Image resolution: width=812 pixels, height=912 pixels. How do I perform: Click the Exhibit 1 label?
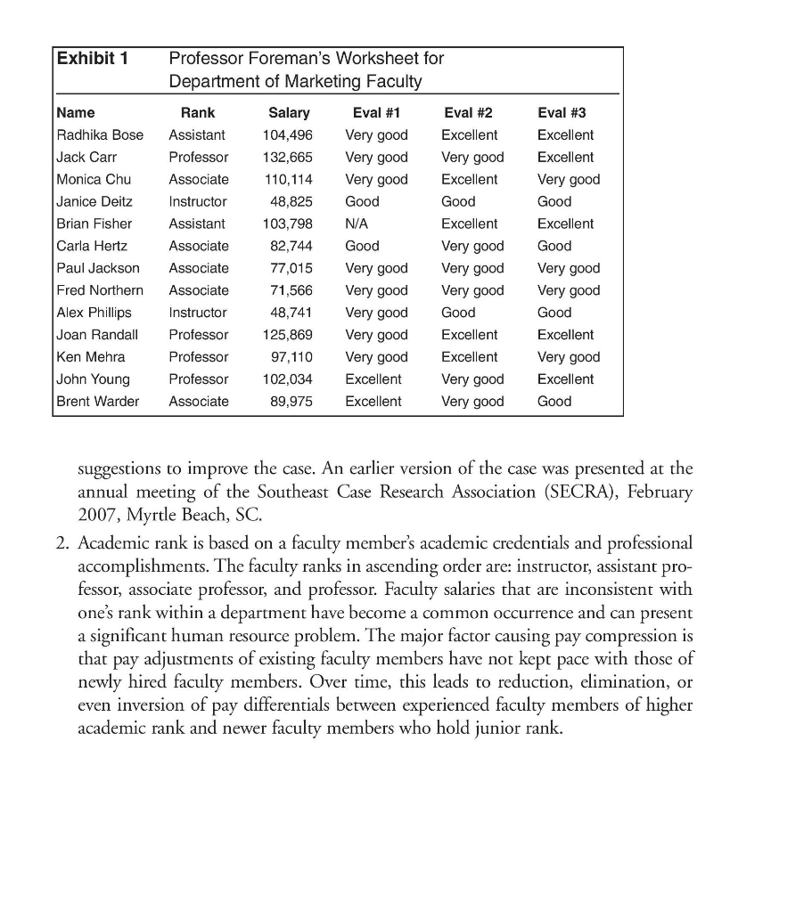tap(93, 59)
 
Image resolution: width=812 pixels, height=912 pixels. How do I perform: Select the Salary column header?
tap(289, 113)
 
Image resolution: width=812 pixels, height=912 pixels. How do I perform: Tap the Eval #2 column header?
tap(468, 113)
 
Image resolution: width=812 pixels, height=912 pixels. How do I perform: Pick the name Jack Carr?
tap(86, 158)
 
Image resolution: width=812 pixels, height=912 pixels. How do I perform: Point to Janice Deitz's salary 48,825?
tap(290, 202)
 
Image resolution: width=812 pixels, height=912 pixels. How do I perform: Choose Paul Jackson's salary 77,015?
tap(290, 268)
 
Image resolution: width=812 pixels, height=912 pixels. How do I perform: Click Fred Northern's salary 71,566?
tap(290, 290)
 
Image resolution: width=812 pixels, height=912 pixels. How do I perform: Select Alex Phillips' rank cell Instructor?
tap(198, 313)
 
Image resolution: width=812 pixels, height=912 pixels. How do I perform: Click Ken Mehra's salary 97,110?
tap(290, 357)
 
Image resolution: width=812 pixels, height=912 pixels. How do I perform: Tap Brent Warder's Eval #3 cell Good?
tap(554, 402)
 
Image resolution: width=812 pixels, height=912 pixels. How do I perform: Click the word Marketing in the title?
tap(303, 83)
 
